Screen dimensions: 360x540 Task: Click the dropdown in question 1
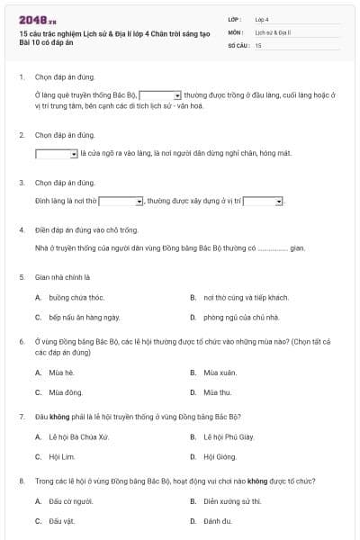click(x=161, y=94)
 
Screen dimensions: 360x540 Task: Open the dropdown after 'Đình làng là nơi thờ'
click(x=121, y=202)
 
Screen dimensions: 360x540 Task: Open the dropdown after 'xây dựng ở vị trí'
click(x=264, y=202)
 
